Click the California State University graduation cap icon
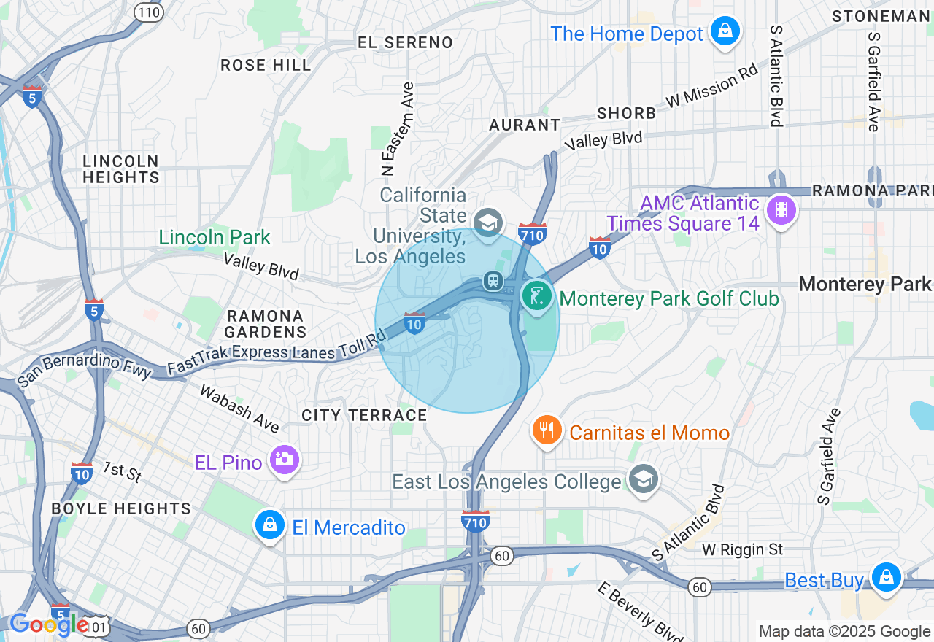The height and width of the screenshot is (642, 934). click(x=487, y=221)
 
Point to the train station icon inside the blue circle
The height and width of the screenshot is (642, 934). click(x=494, y=281)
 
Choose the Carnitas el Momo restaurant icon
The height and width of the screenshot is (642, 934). click(x=547, y=431)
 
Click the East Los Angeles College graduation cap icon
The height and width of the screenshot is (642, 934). click(x=643, y=480)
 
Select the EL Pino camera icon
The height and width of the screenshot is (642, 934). click(x=284, y=460)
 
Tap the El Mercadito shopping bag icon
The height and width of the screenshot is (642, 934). click(x=269, y=525)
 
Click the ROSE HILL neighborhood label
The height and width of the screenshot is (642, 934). click(x=266, y=65)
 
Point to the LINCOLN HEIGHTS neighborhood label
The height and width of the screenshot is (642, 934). click(x=120, y=169)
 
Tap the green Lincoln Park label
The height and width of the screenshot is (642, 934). click(x=215, y=237)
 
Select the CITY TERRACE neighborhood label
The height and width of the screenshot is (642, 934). click(x=364, y=415)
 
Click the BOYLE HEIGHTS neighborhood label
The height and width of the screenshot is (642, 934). click(x=121, y=508)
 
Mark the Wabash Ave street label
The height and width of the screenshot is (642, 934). click(x=239, y=408)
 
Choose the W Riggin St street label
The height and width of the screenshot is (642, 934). click(x=743, y=549)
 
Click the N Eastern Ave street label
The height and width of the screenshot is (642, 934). click(x=398, y=128)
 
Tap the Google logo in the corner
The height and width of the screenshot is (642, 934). click(x=49, y=624)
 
